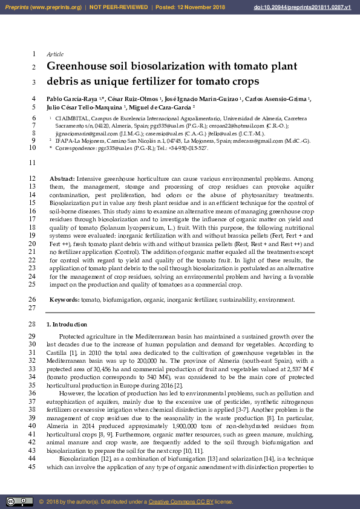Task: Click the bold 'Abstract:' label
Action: pyautogui.click(x=62, y=179)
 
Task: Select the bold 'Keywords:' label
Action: pyautogui.click(x=64, y=299)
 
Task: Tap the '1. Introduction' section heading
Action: pyautogui.click(x=67, y=325)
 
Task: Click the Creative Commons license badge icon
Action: pyautogui.click(x=19, y=501)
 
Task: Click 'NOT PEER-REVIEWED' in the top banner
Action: pyautogui.click(x=119, y=7)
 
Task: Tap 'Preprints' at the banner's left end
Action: pyautogui.click(x=16, y=7)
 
